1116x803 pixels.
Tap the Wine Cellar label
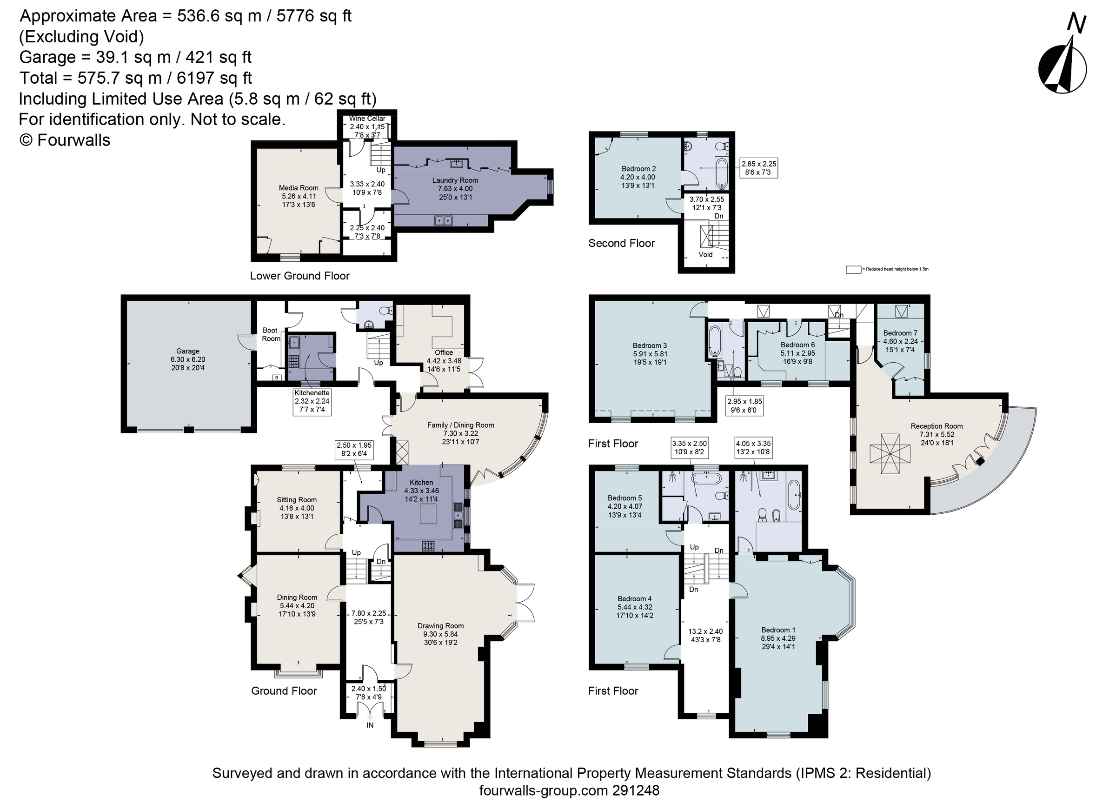tap(367, 119)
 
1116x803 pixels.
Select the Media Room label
tap(298, 188)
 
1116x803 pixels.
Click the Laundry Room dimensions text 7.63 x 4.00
tap(455, 189)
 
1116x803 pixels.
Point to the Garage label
tap(187, 352)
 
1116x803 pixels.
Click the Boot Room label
tap(270, 335)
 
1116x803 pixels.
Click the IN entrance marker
tap(370, 725)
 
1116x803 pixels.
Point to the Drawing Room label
tap(440, 626)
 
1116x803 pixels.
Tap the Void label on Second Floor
tap(705, 255)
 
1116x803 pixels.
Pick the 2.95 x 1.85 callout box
tap(744, 406)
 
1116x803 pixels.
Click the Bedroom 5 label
tap(624, 498)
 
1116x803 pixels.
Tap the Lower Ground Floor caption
tap(299, 276)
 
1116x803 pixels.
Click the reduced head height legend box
tap(853, 270)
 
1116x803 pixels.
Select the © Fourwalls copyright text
tap(65, 140)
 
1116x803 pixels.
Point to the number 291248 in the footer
tap(635, 791)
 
